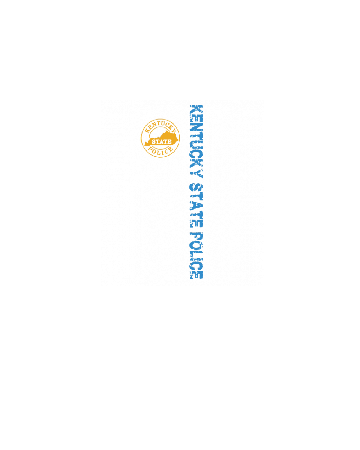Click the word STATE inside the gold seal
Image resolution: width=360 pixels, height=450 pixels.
pyautogui.click(x=160, y=142)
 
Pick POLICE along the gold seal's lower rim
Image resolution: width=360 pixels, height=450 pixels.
pyautogui.click(x=160, y=153)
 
